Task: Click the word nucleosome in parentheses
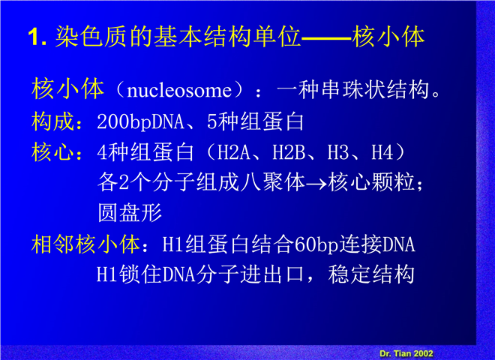(179, 91)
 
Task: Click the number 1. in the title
(37, 37)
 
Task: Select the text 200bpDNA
(140, 122)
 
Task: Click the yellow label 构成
(53, 121)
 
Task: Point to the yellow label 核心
(53, 152)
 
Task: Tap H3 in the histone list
(338, 152)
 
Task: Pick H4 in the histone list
(382, 152)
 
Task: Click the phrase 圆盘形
(130, 213)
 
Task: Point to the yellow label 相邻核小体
(85, 244)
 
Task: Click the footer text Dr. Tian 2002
(406, 353)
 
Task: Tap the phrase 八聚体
(272, 182)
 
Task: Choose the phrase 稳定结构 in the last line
(371, 274)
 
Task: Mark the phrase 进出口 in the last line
(272, 274)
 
